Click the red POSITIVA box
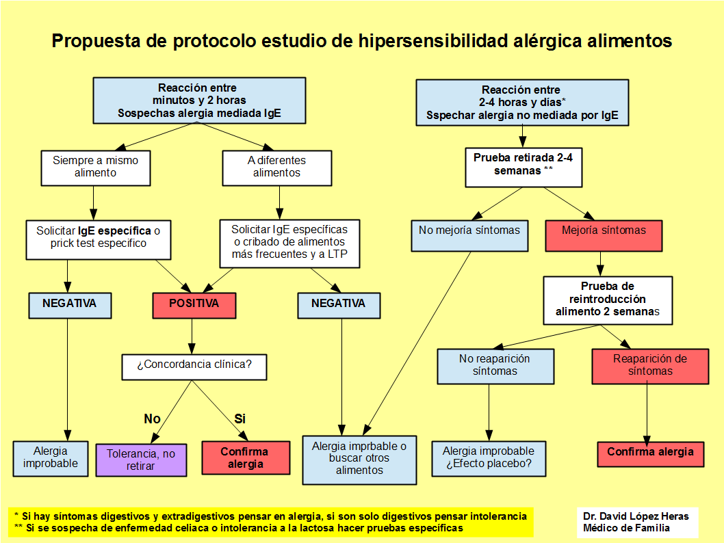coord(194,305)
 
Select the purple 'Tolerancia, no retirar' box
coord(141,460)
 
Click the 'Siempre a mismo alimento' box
coord(95,168)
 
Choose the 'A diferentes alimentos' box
coord(276,168)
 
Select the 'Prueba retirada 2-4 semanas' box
coord(523,167)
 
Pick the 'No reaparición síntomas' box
coord(495,365)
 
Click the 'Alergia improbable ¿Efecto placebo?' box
coord(489,458)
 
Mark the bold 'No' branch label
coord(152,419)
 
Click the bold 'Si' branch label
coord(240,419)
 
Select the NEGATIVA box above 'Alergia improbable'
coord(69,305)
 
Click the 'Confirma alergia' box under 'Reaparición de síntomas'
coord(650,453)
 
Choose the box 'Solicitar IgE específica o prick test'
coord(98,238)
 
